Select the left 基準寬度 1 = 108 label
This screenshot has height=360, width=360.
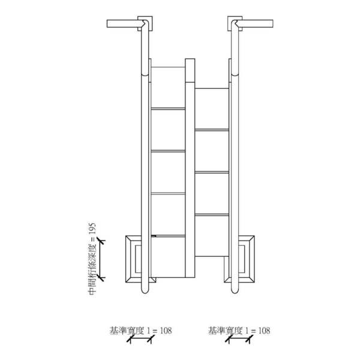click(x=141, y=331)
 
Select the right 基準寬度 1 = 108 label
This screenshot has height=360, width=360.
click(x=239, y=331)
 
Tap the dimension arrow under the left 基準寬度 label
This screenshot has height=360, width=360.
click(x=140, y=339)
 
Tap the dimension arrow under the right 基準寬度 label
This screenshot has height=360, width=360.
click(x=239, y=339)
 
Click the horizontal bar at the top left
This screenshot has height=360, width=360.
click(x=125, y=23)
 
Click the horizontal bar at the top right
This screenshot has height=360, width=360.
click(x=255, y=23)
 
